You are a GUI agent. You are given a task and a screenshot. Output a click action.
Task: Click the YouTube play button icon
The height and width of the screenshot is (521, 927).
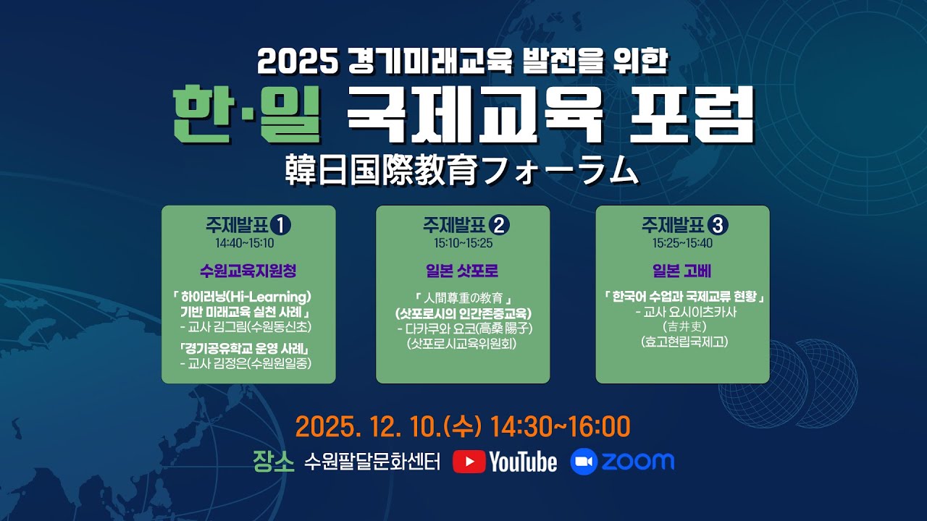(469, 462)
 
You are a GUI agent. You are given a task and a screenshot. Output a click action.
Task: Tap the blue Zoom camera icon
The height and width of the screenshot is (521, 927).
(583, 462)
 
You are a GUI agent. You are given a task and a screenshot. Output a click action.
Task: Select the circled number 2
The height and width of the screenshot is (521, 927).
(500, 226)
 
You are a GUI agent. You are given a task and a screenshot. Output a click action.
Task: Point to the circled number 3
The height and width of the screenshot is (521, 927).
(718, 226)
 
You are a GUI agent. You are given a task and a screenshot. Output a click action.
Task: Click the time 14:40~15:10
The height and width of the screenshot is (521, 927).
(248, 243)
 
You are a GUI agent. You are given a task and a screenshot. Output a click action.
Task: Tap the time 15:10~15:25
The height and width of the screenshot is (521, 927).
(463, 243)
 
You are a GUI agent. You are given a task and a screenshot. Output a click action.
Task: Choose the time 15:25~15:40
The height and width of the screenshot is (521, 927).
(682, 243)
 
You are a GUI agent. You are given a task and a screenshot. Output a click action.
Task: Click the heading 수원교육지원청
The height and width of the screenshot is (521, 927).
(248, 271)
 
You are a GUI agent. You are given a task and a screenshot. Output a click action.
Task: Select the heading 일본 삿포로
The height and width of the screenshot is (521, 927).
(463, 271)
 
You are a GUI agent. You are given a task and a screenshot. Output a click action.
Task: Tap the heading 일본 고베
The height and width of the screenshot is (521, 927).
(682, 271)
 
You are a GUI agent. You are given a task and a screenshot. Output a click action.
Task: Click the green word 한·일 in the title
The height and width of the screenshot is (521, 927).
(247, 117)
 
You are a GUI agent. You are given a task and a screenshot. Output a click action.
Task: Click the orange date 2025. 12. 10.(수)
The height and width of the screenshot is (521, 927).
(388, 427)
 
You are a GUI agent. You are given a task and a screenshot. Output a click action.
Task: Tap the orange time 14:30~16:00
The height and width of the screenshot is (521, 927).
(561, 427)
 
